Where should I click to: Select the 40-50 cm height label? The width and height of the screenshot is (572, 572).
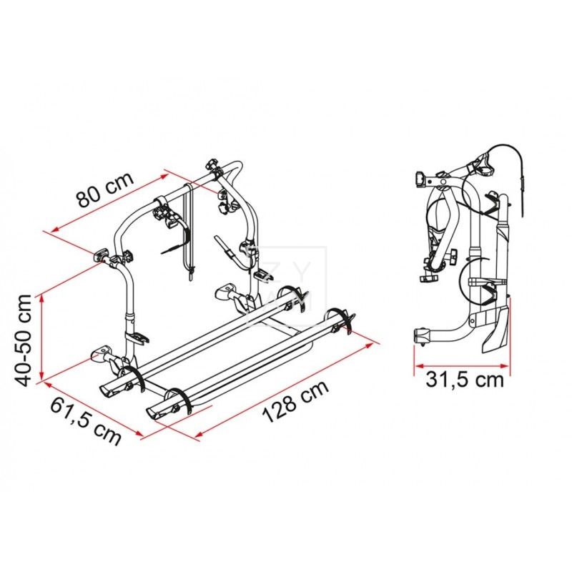pos(27,338)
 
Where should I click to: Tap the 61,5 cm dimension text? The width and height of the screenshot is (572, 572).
pos(84,421)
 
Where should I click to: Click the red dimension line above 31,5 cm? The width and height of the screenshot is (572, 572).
pos(462,368)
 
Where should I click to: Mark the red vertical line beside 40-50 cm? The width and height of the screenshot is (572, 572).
pos(44,336)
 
